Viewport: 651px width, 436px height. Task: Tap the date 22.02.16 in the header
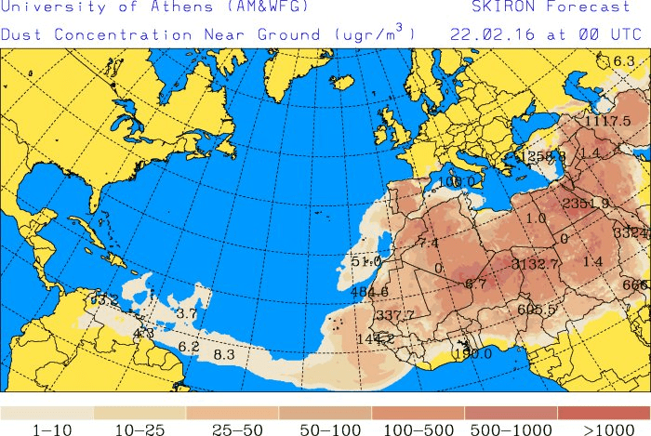(x=483, y=33)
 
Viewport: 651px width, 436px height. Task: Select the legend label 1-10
(x=46, y=429)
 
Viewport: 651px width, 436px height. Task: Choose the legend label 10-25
(x=139, y=429)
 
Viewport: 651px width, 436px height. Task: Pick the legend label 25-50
(x=232, y=429)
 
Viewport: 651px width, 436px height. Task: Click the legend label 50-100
(x=325, y=429)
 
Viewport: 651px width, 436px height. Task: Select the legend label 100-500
(x=418, y=429)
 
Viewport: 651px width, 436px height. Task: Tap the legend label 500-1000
(x=511, y=429)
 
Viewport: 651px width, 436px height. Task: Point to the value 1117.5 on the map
(x=608, y=122)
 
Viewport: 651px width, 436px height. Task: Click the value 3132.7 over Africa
(x=536, y=265)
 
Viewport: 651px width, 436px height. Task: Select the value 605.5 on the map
(x=537, y=310)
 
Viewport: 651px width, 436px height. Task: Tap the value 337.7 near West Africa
(x=395, y=316)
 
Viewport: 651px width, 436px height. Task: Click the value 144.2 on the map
(x=376, y=339)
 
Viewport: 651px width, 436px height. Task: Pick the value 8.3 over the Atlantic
(x=224, y=355)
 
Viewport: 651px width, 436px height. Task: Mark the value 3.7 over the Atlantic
(x=187, y=314)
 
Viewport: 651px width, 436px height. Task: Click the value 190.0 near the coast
(x=472, y=354)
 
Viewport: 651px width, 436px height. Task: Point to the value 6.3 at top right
(x=624, y=62)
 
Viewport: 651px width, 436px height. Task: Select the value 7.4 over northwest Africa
(x=428, y=244)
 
